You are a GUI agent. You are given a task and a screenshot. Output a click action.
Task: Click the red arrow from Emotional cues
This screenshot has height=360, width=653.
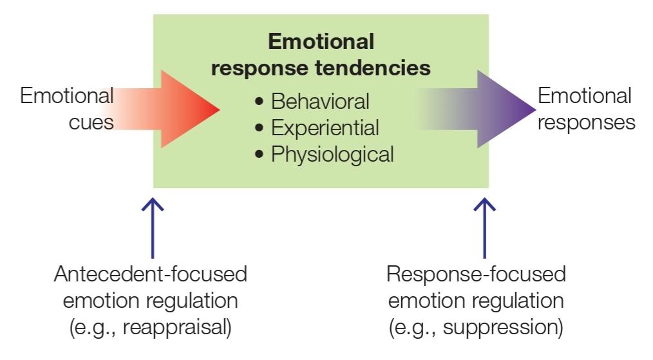[167, 109]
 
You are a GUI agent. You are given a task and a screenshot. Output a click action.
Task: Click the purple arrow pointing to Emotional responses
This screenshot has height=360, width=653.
[479, 109]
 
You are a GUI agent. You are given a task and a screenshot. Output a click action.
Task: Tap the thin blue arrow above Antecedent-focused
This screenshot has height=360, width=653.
[153, 228]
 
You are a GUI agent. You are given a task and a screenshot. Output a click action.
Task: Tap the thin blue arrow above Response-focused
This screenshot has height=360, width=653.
[484, 228]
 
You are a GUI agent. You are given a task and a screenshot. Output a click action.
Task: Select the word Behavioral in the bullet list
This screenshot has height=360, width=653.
[320, 101]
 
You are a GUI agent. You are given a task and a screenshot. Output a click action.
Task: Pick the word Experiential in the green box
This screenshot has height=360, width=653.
[325, 128]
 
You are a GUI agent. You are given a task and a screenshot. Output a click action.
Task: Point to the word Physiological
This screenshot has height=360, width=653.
[332, 154]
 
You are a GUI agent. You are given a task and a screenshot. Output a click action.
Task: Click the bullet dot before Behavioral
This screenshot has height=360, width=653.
[260, 101]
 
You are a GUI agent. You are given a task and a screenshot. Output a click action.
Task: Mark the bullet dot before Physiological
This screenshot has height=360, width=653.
[260, 154]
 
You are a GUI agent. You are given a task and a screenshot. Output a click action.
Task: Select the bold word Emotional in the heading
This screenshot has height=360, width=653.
[321, 42]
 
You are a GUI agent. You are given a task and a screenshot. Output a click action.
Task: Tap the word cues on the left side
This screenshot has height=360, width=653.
[91, 122]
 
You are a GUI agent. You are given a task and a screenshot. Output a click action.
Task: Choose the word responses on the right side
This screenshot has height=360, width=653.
[587, 122]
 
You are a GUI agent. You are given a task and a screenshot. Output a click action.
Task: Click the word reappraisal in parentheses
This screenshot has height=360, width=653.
[176, 328]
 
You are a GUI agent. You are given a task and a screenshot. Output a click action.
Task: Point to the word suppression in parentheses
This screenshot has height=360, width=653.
[503, 328]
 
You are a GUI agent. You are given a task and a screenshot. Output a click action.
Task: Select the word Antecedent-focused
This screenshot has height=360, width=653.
[151, 274]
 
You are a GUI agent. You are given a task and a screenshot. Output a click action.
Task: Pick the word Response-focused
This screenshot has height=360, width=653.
[476, 274]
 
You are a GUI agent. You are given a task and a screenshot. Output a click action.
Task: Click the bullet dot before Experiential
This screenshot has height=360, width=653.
[260, 128]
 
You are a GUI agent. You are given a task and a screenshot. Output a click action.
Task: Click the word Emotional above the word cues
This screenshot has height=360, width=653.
[66, 96]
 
